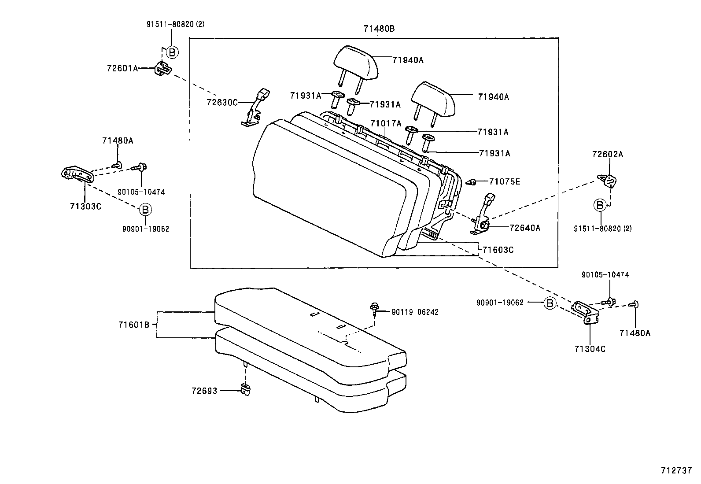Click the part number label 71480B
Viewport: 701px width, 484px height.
pyautogui.click(x=379, y=29)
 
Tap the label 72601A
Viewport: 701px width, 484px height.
pyautogui.click(x=122, y=68)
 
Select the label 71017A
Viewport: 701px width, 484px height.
pyautogui.click(x=386, y=124)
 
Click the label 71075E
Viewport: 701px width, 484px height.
pyautogui.click(x=505, y=181)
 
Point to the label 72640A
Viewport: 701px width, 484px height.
pyautogui.click(x=524, y=228)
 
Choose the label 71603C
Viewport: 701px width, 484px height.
pyautogui.click(x=498, y=250)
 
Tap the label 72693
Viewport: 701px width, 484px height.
pyautogui.click(x=204, y=390)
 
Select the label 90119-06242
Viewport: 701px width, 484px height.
pyautogui.click(x=415, y=312)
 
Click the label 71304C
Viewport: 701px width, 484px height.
pyautogui.click(x=590, y=349)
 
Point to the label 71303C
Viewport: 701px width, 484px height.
pyautogui.click(x=85, y=206)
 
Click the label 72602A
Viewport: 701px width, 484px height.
pyautogui.click(x=608, y=155)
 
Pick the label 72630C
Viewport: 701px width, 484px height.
pyautogui.click(x=222, y=102)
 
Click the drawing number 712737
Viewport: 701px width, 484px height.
pyautogui.click(x=676, y=470)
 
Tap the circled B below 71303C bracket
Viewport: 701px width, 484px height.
pyautogui.click(x=145, y=210)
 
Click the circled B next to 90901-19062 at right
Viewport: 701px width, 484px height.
pyautogui.click(x=549, y=303)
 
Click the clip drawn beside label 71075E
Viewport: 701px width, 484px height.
pyautogui.click(x=471, y=181)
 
